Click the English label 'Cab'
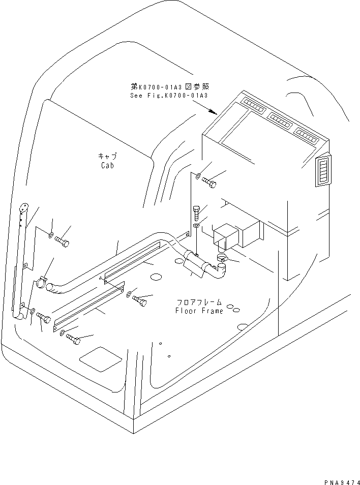pyautogui.click(x=107, y=165)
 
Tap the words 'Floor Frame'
pyautogui.click(x=199, y=311)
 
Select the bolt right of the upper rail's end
pyautogui.click(x=139, y=299)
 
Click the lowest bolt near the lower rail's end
pyautogui.click(x=72, y=339)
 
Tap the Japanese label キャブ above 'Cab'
pyautogui.click(x=107, y=156)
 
